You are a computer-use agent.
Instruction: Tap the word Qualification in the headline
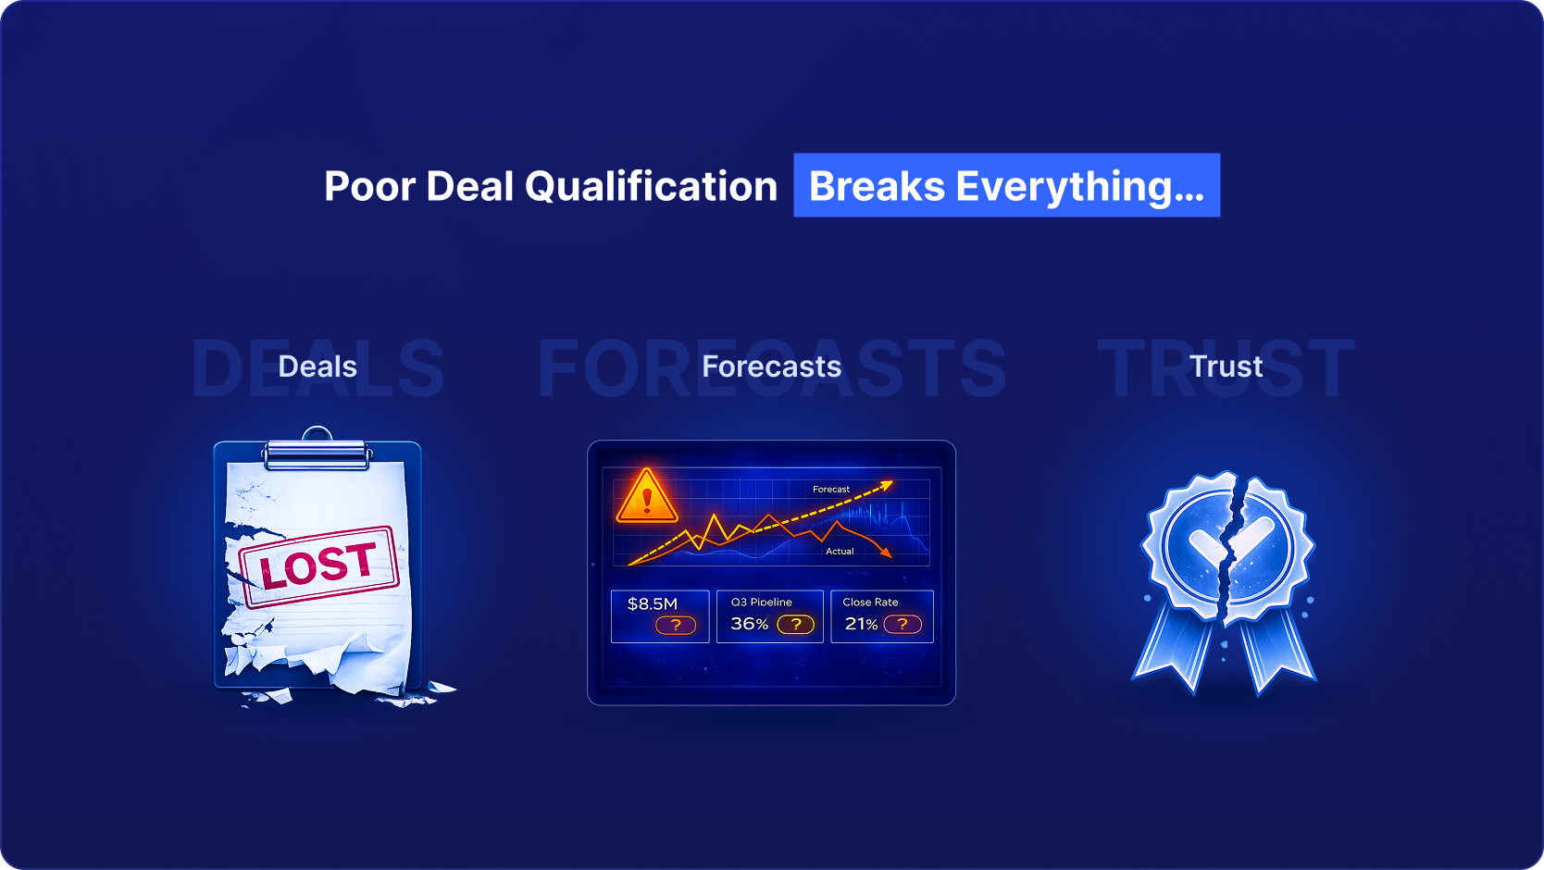pos(651,186)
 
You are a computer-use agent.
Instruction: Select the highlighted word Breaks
pos(877,186)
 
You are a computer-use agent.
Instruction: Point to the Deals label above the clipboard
pos(318,367)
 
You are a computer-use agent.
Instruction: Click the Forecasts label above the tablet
pos(771,367)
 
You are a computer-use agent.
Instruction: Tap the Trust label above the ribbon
pos(1226,367)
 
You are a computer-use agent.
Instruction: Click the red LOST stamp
pos(318,566)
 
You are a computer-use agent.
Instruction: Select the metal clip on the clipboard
pos(318,449)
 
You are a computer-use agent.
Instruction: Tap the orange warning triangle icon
pos(646,496)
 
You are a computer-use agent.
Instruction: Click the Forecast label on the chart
pos(831,489)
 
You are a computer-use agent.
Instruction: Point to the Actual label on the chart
pos(840,551)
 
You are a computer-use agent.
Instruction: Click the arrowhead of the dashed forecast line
pos(887,486)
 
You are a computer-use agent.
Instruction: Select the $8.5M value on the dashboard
pos(652,603)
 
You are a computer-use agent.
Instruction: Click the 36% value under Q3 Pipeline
pos(749,624)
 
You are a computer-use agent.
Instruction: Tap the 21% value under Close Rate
pos(861,624)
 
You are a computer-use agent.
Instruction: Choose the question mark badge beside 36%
pos(795,625)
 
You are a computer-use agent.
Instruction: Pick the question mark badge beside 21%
pos(903,625)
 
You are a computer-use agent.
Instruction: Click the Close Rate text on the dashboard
pos(870,602)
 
